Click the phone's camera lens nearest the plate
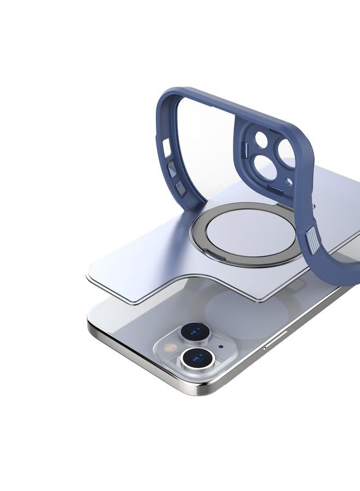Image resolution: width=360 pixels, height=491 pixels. (195, 331)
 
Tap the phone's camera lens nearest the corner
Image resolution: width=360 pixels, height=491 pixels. (197, 358)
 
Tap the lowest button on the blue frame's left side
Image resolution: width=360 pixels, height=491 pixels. (179, 188)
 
